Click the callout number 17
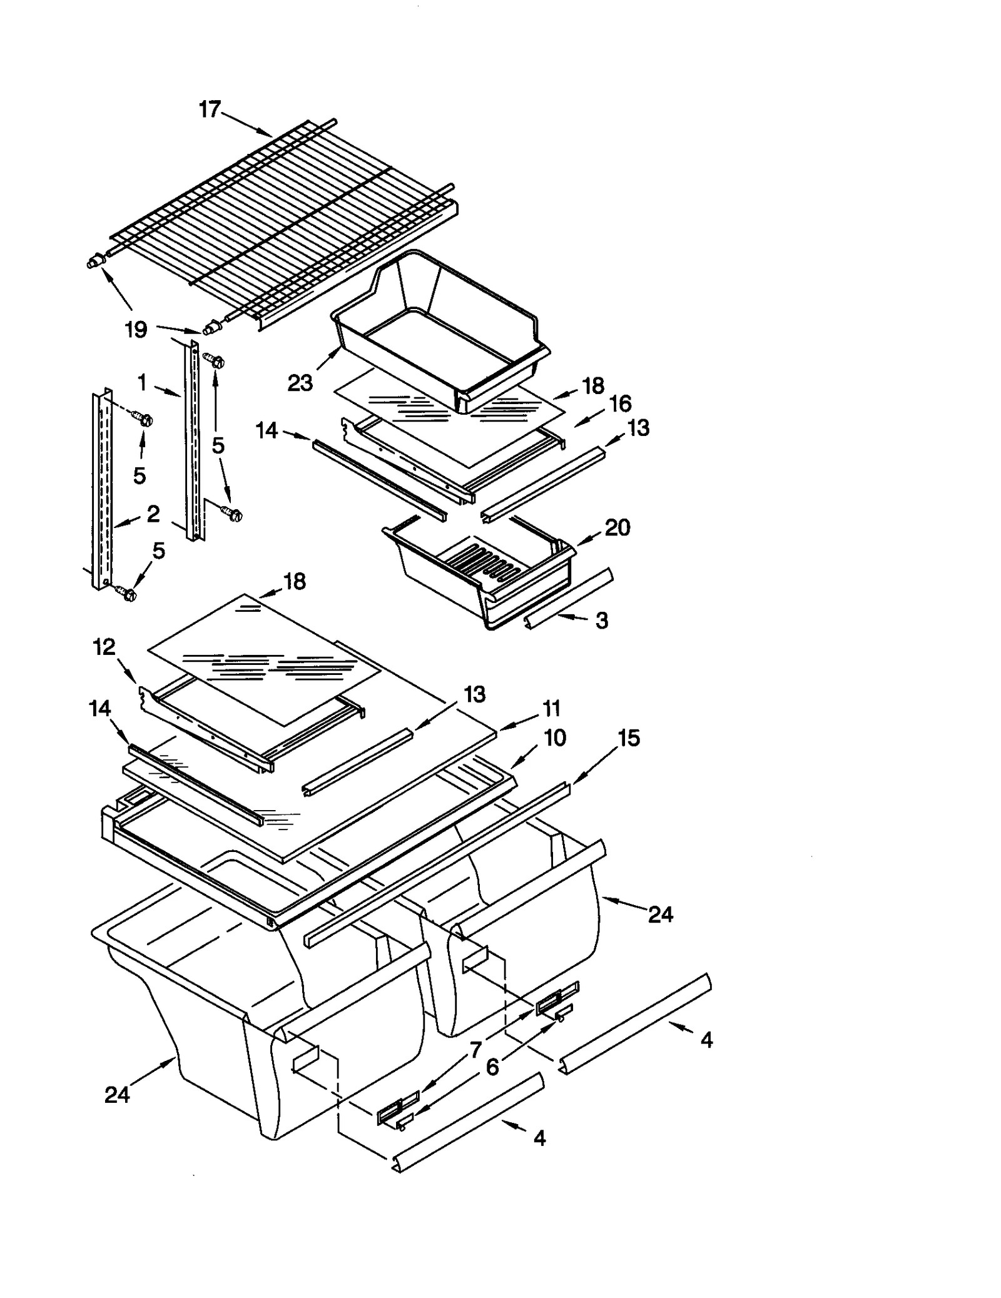click(x=210, y=109)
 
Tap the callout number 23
click(x=300, y=382)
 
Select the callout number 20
click(x=617, y=527)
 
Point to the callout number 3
click(x=601, y=621)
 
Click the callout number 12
click(x=104, y=647)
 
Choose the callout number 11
click(x=551, y=709)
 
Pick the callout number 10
click(x=555, y=738)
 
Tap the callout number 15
click(x=629, y=738)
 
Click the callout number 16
click(x=620, y=403)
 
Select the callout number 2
click(x=153, y=514)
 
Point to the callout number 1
click(x=143, y=382)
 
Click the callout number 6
click(x=492, y=1067)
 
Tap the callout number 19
click(x=136, y=329)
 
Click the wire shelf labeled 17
click(x=282, y=219)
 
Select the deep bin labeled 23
click(x=438, y=325)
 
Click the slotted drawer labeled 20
click(x=482, y=569)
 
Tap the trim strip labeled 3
click(x=569, y=601)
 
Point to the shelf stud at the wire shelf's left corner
click(x=94, y=263)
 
